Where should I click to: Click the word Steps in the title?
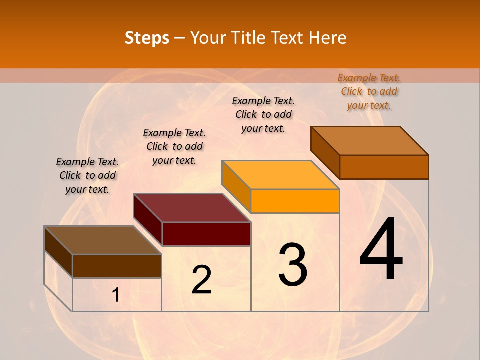[147, 38]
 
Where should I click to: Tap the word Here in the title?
[327, 38]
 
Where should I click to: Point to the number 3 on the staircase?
[292, 265]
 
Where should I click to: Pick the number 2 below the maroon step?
[201, 280]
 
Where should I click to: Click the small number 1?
[116, 295]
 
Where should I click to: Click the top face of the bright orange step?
[280, 175]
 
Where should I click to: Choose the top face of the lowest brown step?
[103, 240]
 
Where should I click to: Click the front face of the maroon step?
[206, 234]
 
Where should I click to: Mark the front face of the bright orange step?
[295, 201]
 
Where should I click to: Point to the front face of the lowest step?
[117, 266]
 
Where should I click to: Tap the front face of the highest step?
[384, 167]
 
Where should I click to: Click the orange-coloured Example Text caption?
[369, 91]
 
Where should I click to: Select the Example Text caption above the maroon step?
[174, 146]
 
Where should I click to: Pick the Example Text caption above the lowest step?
[87, 175]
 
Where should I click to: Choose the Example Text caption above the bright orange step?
[263, 114]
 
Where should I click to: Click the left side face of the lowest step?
[58, 252]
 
